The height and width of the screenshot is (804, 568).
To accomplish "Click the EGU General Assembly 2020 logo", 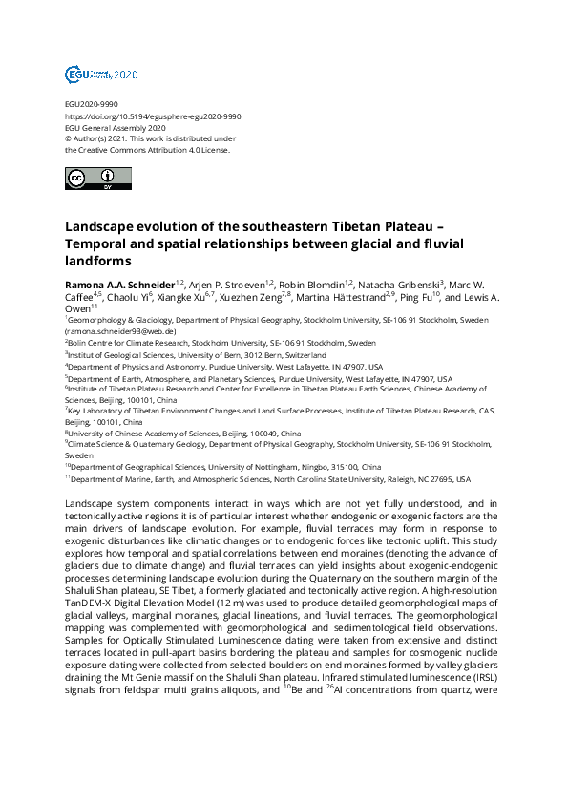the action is coord(101,74).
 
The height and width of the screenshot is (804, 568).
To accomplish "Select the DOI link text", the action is coord(153,116).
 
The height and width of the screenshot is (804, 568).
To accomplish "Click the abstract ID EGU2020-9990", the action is coord(91,105).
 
